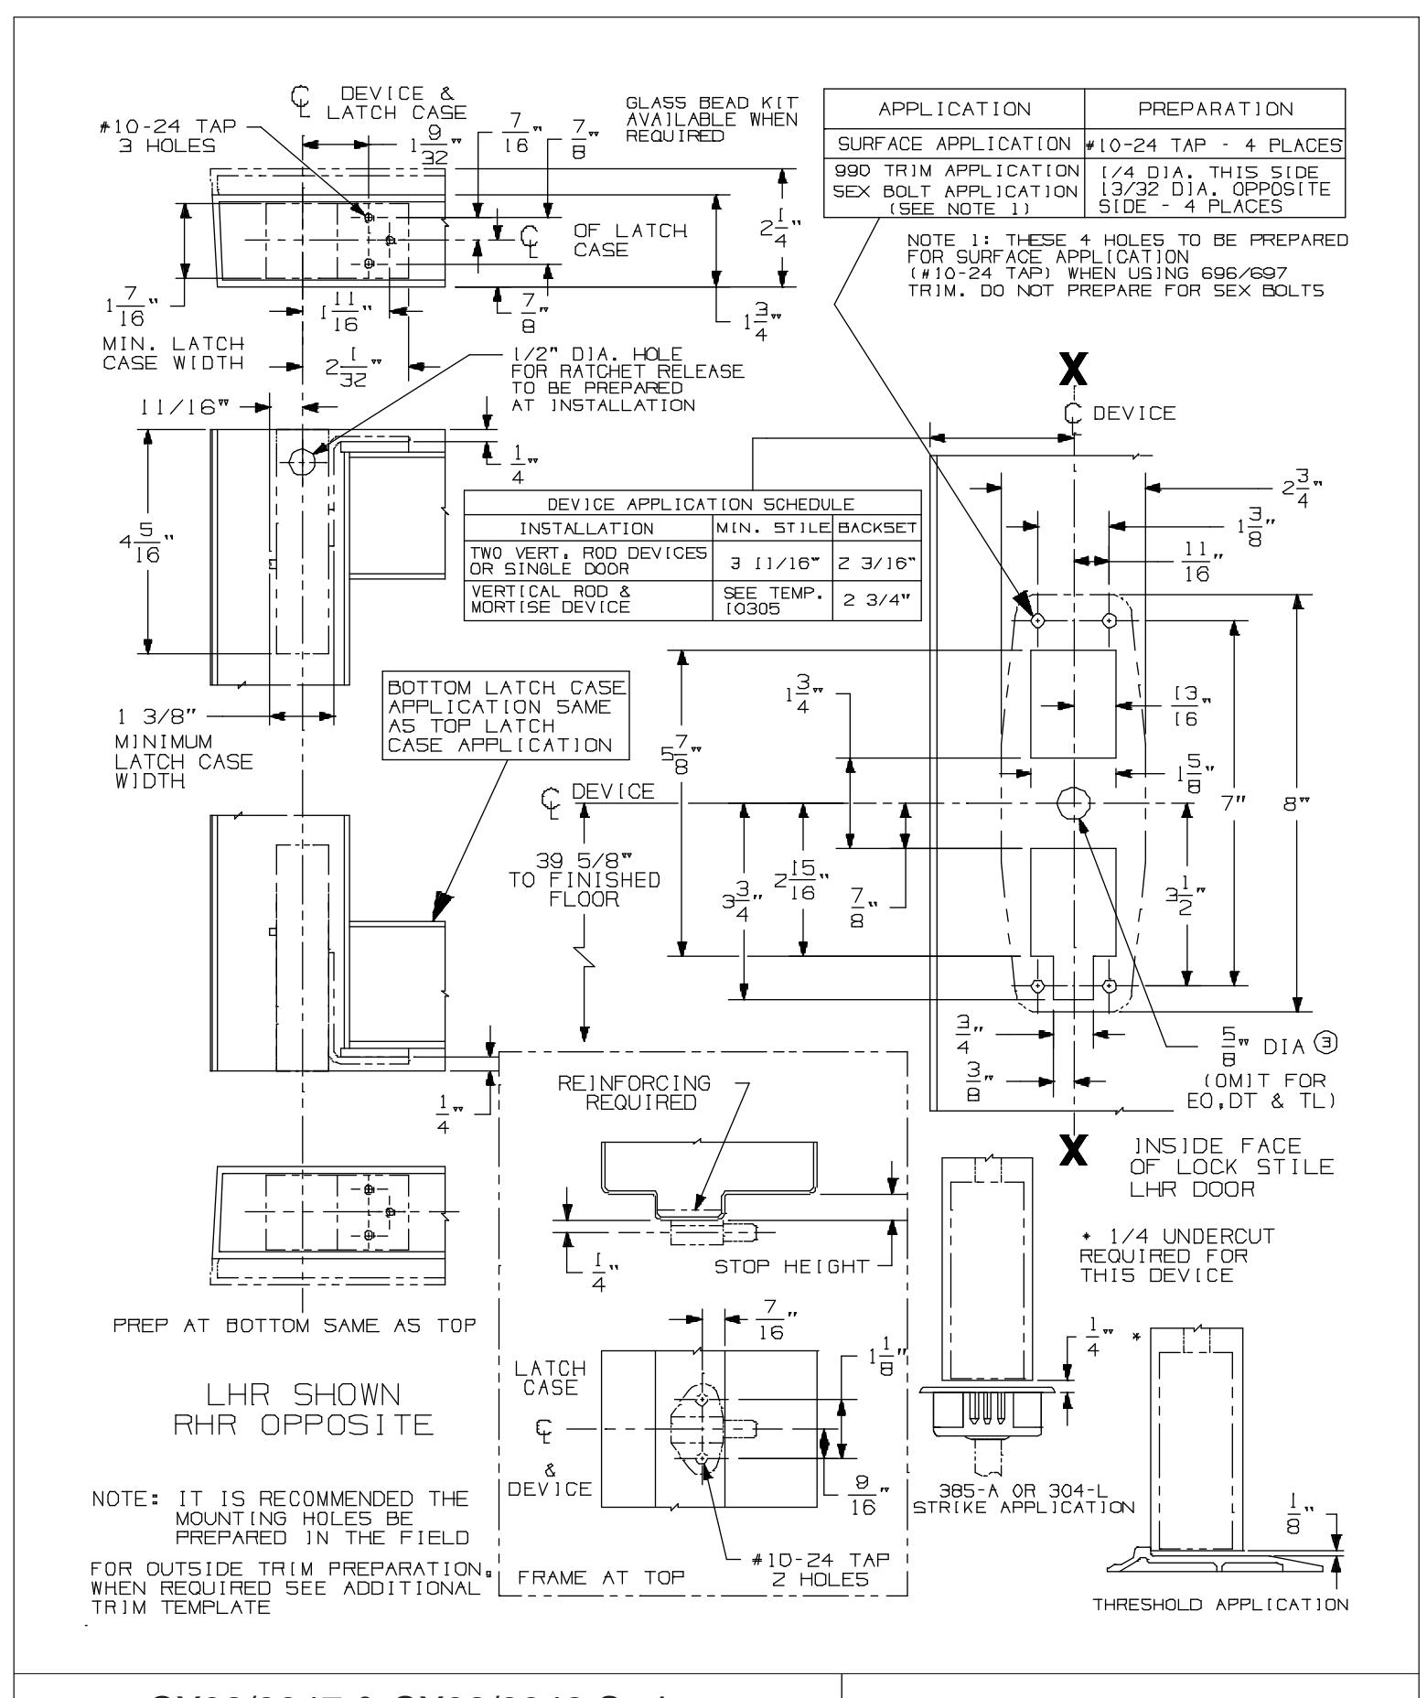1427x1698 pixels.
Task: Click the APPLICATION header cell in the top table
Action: point(953,110)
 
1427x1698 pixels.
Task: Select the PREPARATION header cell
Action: point(1216,110)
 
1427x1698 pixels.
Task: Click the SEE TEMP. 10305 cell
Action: point(772,600)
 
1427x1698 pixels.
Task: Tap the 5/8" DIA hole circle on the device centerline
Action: point(1074,803)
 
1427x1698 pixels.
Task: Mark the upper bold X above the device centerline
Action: point(1074,371)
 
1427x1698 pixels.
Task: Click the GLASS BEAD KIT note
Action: point(712,118)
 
